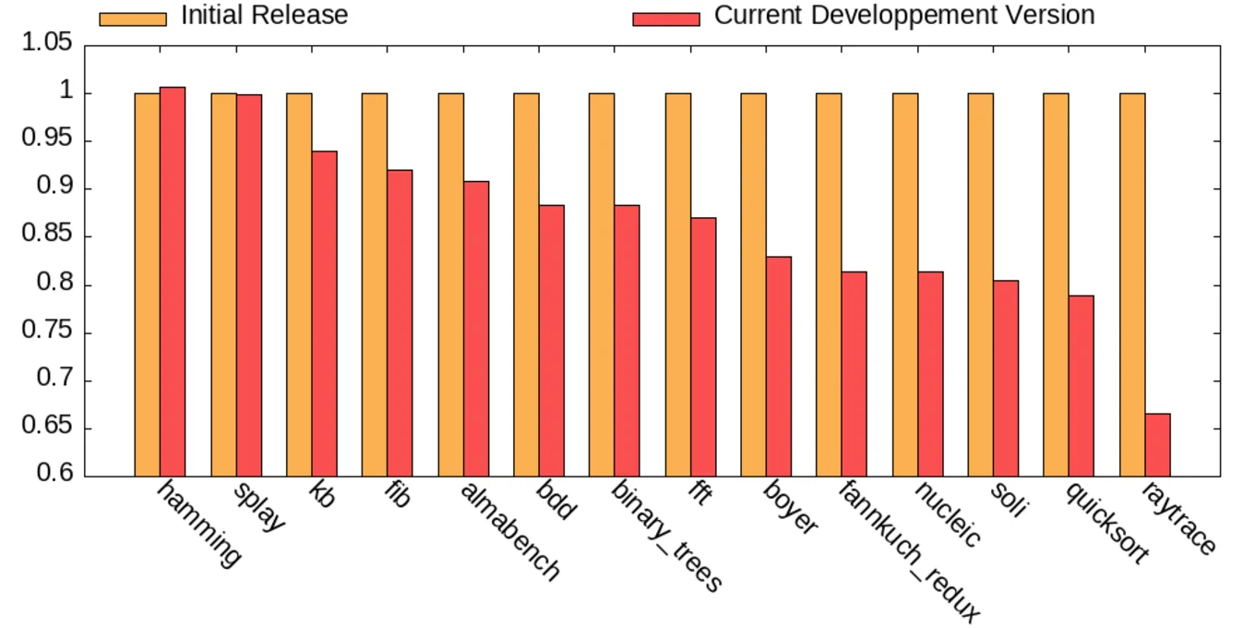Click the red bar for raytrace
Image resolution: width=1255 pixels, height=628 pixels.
1157,445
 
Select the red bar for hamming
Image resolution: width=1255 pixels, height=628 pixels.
173,282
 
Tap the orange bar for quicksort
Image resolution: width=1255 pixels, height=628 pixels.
1056,284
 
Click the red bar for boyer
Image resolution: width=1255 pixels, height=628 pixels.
778,367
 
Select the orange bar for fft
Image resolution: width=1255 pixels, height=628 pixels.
677,284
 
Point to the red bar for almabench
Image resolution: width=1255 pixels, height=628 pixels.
475,329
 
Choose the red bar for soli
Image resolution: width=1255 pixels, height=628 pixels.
1006,379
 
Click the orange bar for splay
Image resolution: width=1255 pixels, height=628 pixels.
223,284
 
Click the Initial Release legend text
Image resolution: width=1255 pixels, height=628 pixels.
264,16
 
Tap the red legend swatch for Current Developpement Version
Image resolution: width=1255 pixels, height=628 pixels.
665,18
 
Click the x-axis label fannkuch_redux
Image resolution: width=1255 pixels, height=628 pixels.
908,550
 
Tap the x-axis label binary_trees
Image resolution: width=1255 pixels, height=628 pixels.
666,536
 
